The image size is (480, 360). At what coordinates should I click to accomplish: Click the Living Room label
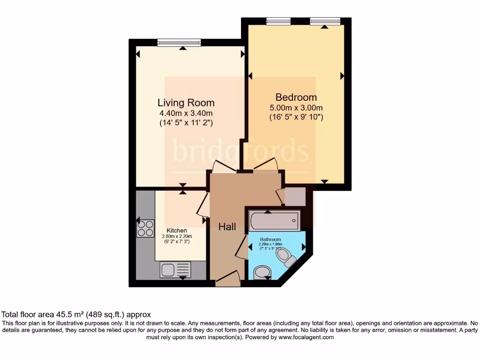click(x=186, y=103)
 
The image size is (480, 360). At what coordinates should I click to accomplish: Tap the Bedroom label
click(x=296, y=97)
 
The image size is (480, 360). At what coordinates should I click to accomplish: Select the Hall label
click(x=227, y=226)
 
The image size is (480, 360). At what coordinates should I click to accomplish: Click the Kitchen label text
click(x=177, y=231)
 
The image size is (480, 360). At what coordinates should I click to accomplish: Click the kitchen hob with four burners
click(x=145, y=228)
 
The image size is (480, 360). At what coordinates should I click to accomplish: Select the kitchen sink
click(x=175, y=270)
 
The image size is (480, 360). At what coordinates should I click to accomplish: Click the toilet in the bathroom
click(x=285, y=256)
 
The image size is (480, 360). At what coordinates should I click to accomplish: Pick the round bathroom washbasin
click(x=262, y=272)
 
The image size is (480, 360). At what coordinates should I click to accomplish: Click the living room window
click(x=179, y=43)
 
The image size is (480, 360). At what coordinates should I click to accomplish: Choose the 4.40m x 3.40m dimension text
click(x=186, y=113)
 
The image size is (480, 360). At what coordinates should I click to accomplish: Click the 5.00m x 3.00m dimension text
click(x=296, y=108)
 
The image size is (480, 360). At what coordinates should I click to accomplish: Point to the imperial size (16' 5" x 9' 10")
click(x=296, y=117)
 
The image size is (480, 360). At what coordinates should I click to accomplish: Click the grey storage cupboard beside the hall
click(x=295, y=197)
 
